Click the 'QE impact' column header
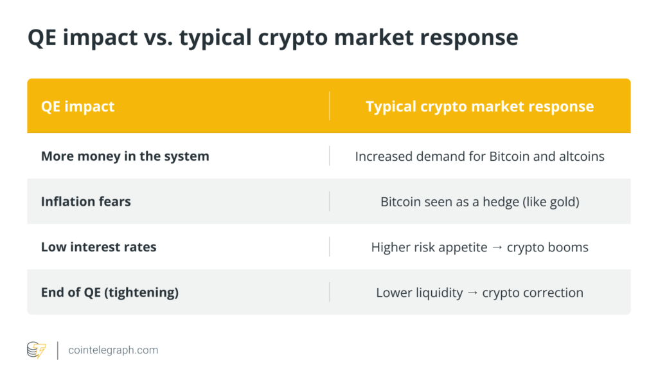[78, 107]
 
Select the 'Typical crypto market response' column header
[479, 107]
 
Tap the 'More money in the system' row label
[125, 156]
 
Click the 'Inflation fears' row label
[86, 201]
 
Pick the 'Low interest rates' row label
[98, 247]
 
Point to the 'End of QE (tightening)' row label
[110, 292]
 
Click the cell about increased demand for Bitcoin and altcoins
[479, 156]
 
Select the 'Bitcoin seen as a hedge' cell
[479, 202]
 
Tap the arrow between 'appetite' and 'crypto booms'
[497, 248]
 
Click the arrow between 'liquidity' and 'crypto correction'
[472, 292]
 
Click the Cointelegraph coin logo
[37, 350]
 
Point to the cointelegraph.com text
[113, 350]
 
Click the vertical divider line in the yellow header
[330, 106]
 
